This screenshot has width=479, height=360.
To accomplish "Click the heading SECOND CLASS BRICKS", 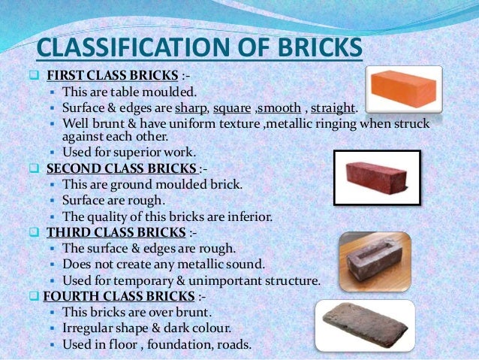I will [123, 168].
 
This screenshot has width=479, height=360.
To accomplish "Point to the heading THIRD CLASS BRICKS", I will [113, 233].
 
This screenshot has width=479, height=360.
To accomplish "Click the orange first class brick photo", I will [402, 89].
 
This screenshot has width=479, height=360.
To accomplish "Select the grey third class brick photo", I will [375, 260].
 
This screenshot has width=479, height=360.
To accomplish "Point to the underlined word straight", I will [333, 108].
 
